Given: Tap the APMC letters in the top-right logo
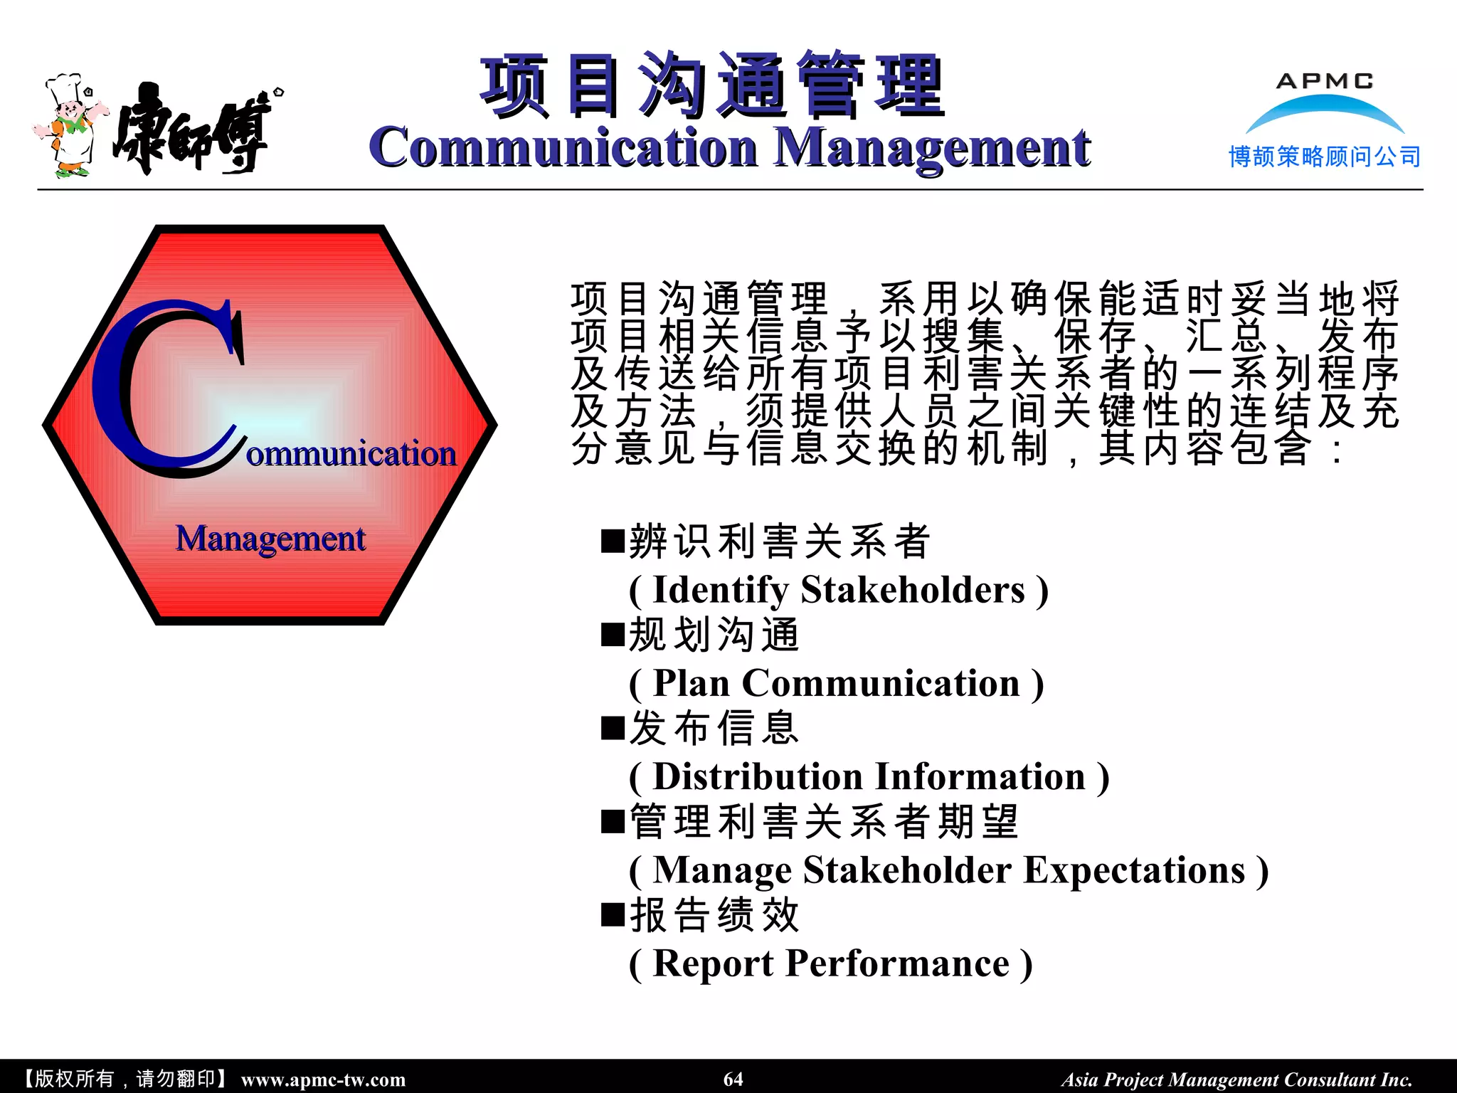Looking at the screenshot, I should pyautogui.click(x=1325, y=81).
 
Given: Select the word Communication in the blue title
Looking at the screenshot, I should pyautogui.click(x=563, y=148).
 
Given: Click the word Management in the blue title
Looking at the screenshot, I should pyautogui.click(x=932, y=148).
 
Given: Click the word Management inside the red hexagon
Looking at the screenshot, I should pyautogui.click(x=270, y=539).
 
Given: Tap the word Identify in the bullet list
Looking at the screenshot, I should pyautogui.click(x=720, y=590).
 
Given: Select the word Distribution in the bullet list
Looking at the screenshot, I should pyautogui.click(x=758, y=776).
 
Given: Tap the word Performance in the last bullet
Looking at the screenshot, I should pyautogui.click(x=898, y=963).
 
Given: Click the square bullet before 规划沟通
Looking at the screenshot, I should pyautogui.click(x=612, y=634).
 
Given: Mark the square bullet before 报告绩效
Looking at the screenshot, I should pyautogui.click(x=612, y=914).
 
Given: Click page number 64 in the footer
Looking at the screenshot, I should pyautogui.click(x=733, y=1079).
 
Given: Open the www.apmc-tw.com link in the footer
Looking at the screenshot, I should pyautogui.click(x=323, y=1079).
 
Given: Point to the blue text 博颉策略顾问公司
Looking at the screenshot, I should pyautogui.click(x=1325, y=157).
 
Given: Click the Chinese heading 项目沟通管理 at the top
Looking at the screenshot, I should pyautogui.click(x=711, y=85).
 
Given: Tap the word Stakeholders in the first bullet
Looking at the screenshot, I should pyautogui.click(x=913, y=590).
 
